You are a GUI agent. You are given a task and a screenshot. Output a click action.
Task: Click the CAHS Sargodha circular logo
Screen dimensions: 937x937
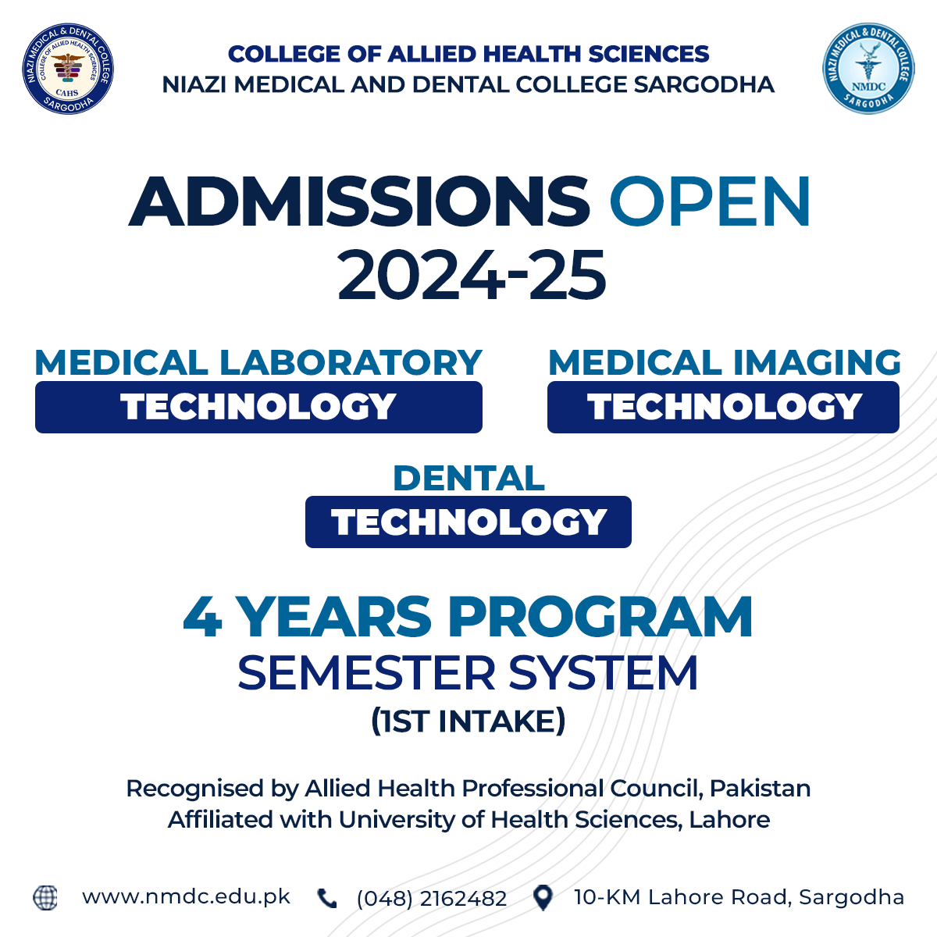[x=68, y=69]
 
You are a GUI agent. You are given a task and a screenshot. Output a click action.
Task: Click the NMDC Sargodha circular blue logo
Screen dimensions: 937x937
[x=868, y=69]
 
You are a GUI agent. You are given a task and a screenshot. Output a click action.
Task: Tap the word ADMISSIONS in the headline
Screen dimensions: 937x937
[x=359, y=201]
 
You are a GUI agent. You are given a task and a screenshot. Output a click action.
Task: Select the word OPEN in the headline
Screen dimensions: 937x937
[x=710, y=201]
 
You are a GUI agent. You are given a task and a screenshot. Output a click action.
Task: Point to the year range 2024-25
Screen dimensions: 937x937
[x=472, y=275]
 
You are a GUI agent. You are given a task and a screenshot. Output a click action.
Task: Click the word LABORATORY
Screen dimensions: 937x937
[x=351, y=363]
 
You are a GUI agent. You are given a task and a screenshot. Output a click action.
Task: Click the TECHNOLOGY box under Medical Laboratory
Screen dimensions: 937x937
[x=258, y=407]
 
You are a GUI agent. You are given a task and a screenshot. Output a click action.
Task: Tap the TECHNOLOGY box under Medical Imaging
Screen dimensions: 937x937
[x=723, y=407]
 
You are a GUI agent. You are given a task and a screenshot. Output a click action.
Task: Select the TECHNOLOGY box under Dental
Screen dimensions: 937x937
[x=468, y=522]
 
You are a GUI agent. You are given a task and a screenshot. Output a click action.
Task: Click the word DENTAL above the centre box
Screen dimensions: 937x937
[x=468, y=479]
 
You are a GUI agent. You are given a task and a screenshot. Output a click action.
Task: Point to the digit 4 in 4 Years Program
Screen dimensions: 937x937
[x=203, y=617]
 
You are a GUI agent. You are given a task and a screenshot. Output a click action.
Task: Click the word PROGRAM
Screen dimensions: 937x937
[x=600, y=617]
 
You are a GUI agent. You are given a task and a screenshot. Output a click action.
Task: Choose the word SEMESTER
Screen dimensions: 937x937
[x=366, y=673]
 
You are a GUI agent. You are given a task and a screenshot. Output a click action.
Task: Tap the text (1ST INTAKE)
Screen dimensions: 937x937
[x=468, y=721]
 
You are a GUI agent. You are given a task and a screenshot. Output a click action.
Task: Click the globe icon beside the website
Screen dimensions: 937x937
[x=45, y=898]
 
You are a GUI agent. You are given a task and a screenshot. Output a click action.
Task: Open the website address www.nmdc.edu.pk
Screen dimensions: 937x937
[x=187, y=897]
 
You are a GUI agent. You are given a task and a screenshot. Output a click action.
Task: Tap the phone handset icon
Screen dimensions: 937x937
[x=326, y=898]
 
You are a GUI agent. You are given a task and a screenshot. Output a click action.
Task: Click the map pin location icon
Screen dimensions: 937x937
[x=543, y=898]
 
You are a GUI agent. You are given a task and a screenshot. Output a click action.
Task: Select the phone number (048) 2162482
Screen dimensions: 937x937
[x=432, y=899]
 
